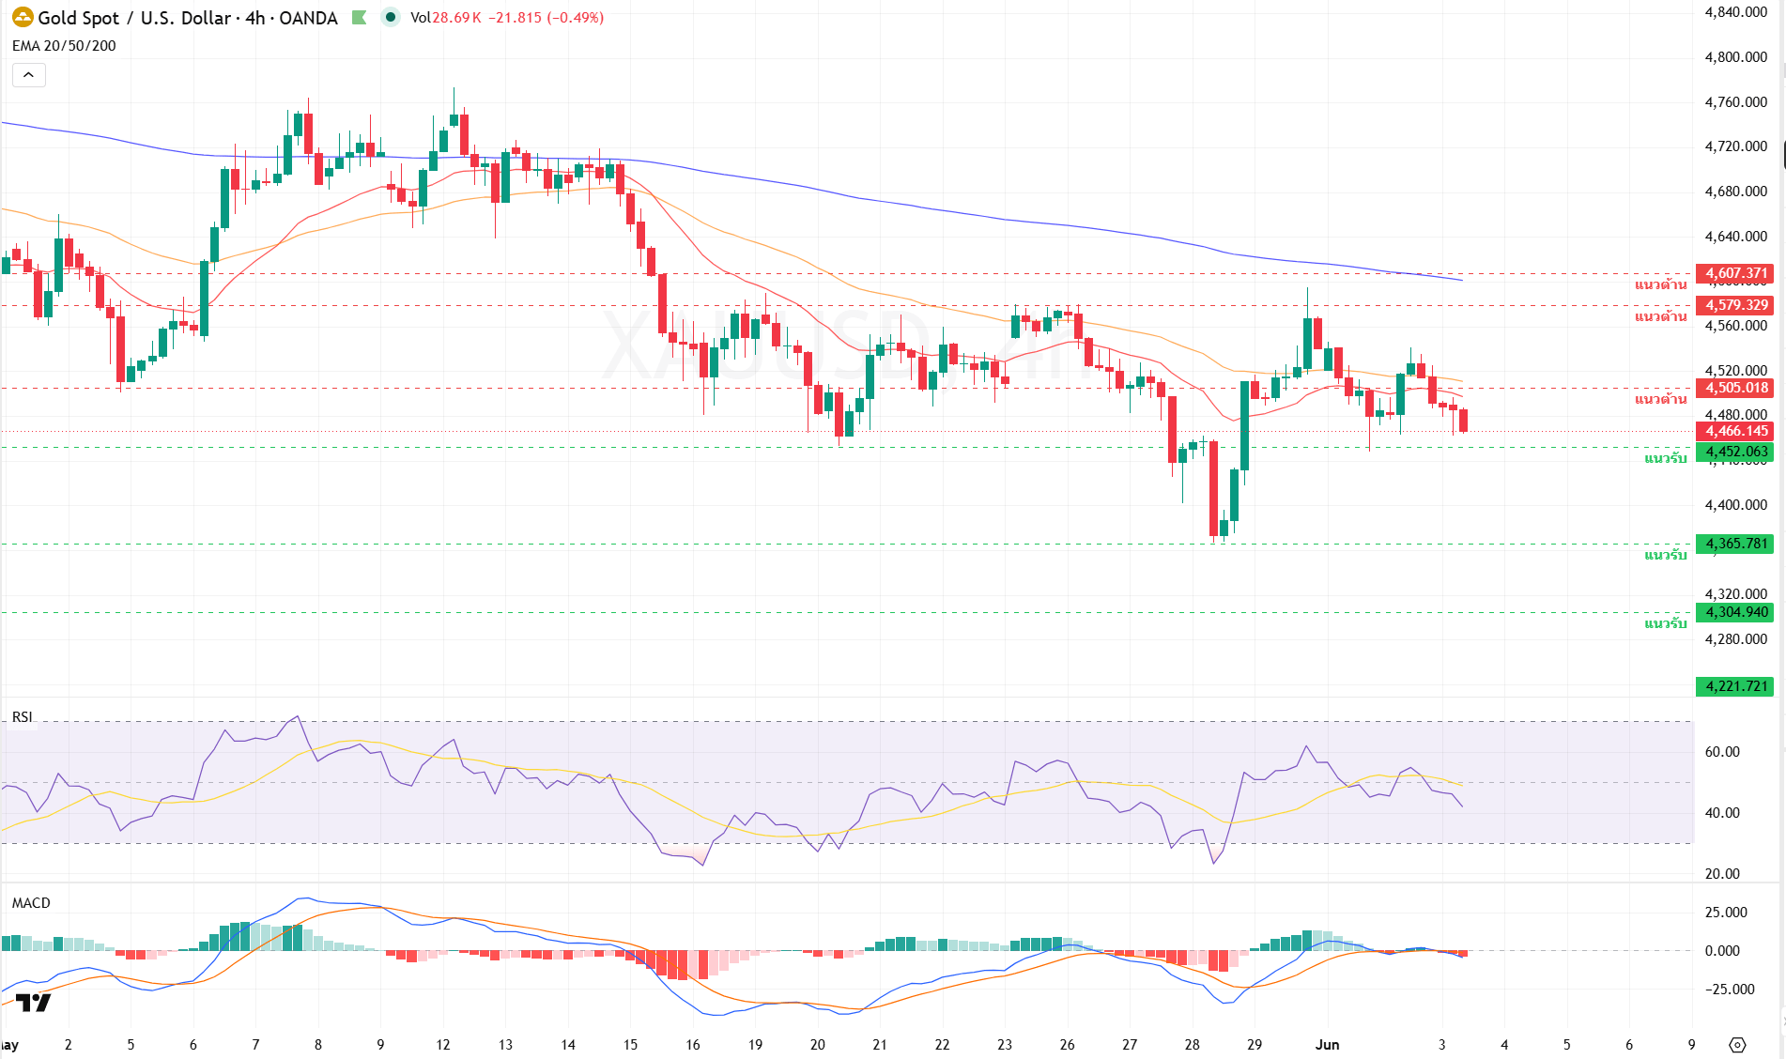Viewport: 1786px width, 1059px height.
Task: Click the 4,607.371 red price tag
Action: coord(1736,274)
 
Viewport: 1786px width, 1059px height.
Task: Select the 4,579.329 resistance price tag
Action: coord(1736,305)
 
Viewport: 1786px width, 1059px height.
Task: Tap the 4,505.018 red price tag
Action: coord(1736,388)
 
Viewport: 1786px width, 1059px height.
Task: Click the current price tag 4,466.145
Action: coord(1736,431)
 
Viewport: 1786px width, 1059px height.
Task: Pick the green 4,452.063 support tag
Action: coord(1736,452)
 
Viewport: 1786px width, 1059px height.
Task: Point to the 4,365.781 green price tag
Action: coord(1736,544)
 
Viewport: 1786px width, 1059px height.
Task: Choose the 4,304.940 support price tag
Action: coord(1736,612)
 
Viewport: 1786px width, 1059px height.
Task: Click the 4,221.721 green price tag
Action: coord(1736,686)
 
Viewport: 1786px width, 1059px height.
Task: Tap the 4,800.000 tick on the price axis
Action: coord(1736,57)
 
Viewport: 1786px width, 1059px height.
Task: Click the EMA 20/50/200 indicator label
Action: coord(64,46)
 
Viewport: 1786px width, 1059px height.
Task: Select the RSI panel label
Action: coord(22,717)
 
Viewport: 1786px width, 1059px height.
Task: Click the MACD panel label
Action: coord(31,903)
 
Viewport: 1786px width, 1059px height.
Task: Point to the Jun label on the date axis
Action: coord(1328,1044)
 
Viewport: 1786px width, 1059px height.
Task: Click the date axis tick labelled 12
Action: coord(443,1044)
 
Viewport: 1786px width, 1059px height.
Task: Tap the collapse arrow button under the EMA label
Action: coord(28,75)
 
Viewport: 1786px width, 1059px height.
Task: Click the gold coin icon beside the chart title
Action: coord(23,17)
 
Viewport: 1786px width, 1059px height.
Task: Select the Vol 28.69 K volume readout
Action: coord(446,18)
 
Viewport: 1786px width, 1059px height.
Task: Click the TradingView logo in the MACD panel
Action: coord(34,1003)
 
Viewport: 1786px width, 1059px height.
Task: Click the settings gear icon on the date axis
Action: coord(1737,1044)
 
